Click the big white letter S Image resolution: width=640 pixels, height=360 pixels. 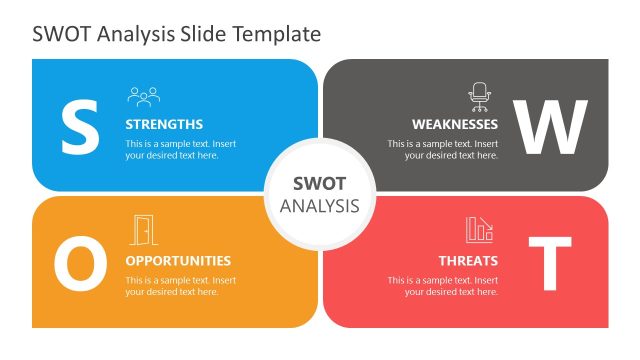click(x=80, y=126)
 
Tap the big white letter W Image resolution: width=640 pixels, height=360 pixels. click(x=550, y=126)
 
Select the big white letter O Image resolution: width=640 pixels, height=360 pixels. click(x=80, y=263)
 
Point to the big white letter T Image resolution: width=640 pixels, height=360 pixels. click(x=549, y=263)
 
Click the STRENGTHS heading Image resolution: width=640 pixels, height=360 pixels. click(x=164, y=125)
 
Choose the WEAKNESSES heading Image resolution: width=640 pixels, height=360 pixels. click(x=455, y=125)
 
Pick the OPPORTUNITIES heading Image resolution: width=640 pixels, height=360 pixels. click(x=178, y=261)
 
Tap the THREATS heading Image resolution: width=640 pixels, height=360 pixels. click(x=468, y=261)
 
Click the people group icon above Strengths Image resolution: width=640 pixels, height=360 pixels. click(x=143, y=96)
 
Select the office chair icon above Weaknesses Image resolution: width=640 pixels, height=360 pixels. click(x=480, y=96)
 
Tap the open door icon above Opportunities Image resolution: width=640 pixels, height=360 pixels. click(x=144, y=230)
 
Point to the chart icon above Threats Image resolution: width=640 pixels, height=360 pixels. click(x=479, y=230)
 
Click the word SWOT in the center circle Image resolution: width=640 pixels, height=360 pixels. click(x=319, y=184)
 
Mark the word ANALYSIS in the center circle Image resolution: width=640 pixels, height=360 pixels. click(x=319, y=206)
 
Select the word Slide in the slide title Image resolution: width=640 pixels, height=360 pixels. click(x=203, y=34)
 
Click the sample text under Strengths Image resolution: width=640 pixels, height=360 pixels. click(x=180, y=150)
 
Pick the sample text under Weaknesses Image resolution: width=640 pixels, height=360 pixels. click(x=443, y=150)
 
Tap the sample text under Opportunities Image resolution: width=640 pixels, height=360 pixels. click(x=180, y=286)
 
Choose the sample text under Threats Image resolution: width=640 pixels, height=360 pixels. click(x=443, y=286)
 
